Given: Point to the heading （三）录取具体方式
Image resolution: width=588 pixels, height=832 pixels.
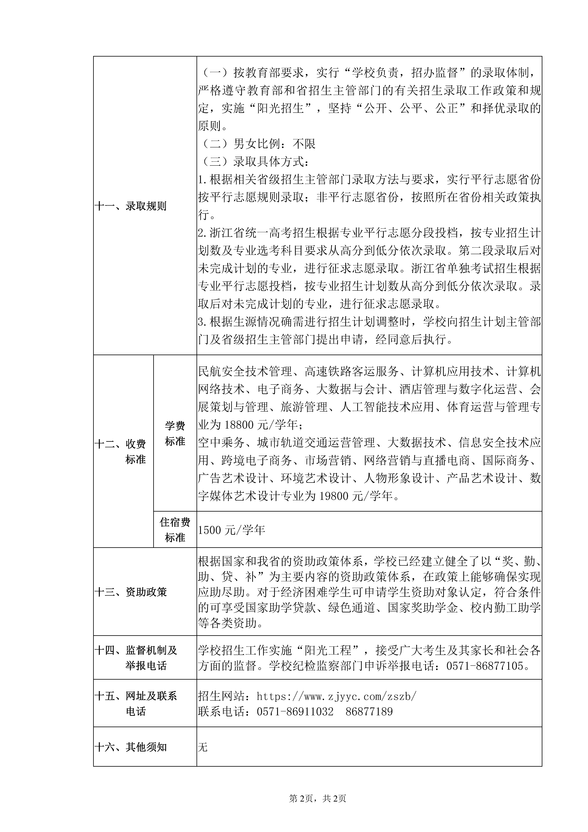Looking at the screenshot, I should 254,162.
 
